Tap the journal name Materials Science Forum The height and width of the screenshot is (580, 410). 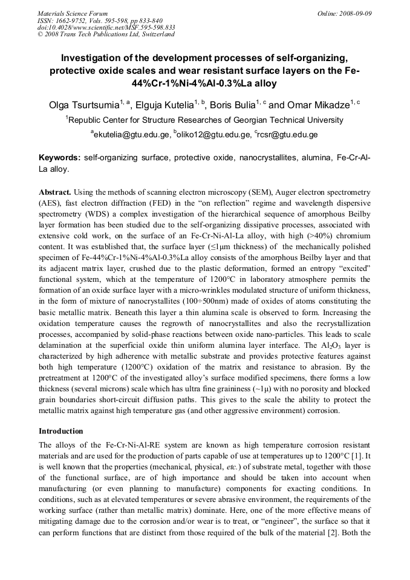73,13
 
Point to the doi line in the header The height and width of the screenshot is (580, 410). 106,27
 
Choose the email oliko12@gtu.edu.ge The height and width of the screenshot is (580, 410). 212,134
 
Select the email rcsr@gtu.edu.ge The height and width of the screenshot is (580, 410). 287,134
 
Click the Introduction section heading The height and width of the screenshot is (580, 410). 61,431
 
